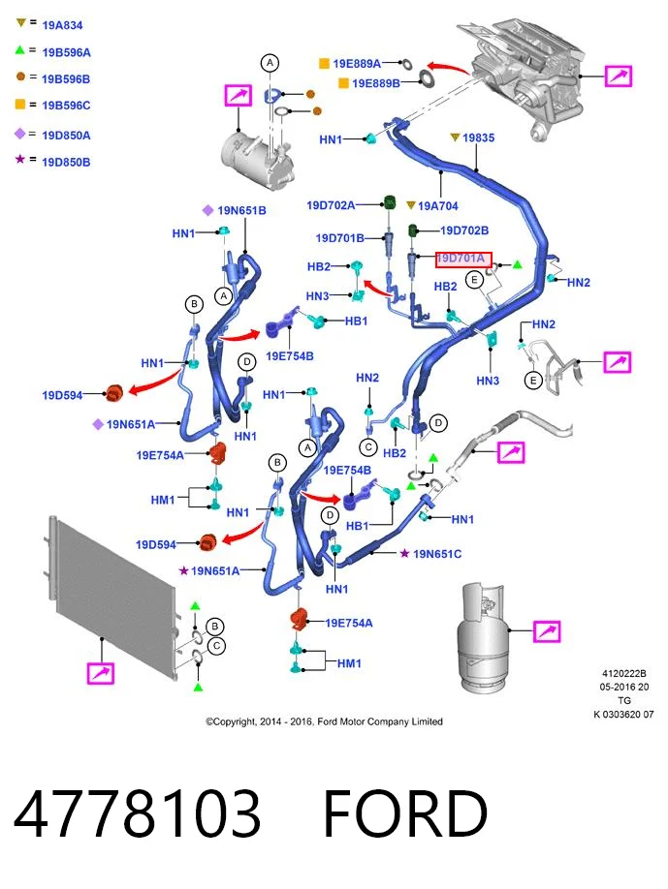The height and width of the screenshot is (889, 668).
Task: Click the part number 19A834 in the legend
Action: coord(62,25)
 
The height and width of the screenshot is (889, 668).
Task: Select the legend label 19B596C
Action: coord(66,106)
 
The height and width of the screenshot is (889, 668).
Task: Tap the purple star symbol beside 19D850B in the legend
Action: coord(19,159)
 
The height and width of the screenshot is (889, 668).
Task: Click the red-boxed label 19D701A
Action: coord(463,260)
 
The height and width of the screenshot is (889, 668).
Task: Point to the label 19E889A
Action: coord(357,64)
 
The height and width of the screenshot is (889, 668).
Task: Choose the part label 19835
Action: coord(478,138)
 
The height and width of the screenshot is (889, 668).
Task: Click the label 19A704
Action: coord(437,206)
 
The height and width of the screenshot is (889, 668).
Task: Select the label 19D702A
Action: coord(331,204)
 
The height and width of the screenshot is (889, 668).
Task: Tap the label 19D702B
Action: coord(464,230)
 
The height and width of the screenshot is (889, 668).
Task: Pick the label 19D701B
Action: coord(340,238)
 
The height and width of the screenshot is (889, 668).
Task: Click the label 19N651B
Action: coord(241,210)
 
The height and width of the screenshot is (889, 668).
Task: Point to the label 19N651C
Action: coord(437,553)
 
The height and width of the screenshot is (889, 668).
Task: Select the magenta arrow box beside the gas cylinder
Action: coord(547,630)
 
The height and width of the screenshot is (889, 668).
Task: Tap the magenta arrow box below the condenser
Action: coord(101,673)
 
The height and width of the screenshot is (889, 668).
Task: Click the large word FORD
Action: coord(405,813)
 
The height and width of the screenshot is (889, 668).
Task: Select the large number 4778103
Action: coord(137,813)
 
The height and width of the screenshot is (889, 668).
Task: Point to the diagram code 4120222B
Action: coord(623,674)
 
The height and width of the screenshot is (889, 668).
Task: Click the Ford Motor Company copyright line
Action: coord(324,721)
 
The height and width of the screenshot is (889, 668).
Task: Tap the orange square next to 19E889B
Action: coord(343,83)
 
